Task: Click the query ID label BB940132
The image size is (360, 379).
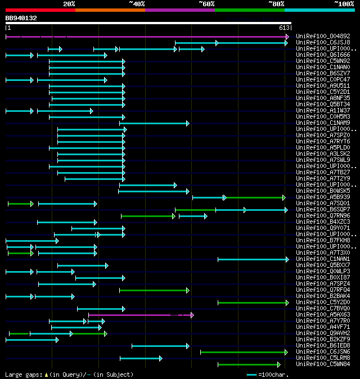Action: click(x=21, y=18)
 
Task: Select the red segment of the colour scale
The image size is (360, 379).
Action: click(x=40, y=10)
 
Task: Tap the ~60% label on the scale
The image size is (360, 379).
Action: click(x=206, y=4)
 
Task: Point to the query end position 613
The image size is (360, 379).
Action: click(x=284, y=28)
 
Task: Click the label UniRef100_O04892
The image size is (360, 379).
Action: click(x=323, y=37)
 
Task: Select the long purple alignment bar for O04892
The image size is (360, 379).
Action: click(x=146, y=37)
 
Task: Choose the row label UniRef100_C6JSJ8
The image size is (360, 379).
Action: click(x=323, y=43)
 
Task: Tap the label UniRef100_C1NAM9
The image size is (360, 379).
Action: click(x=323, y=123)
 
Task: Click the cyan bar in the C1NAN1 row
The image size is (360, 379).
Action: click(x=253, y=259)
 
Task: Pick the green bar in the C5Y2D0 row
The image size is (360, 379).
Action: click(x=253, y=303)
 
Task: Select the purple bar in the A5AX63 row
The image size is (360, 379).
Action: click(x=141, y=315)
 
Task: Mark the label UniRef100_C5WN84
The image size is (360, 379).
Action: click(x=323, y=364)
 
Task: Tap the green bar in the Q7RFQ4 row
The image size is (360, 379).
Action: click(x=154, y=290)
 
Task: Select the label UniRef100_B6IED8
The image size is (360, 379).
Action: click(x=323, y=346)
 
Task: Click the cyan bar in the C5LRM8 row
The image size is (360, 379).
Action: click(x=141, y=358)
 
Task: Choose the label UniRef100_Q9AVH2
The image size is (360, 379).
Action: click(x=323, y=333)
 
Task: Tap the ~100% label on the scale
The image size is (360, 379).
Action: click(x=344, y=4)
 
